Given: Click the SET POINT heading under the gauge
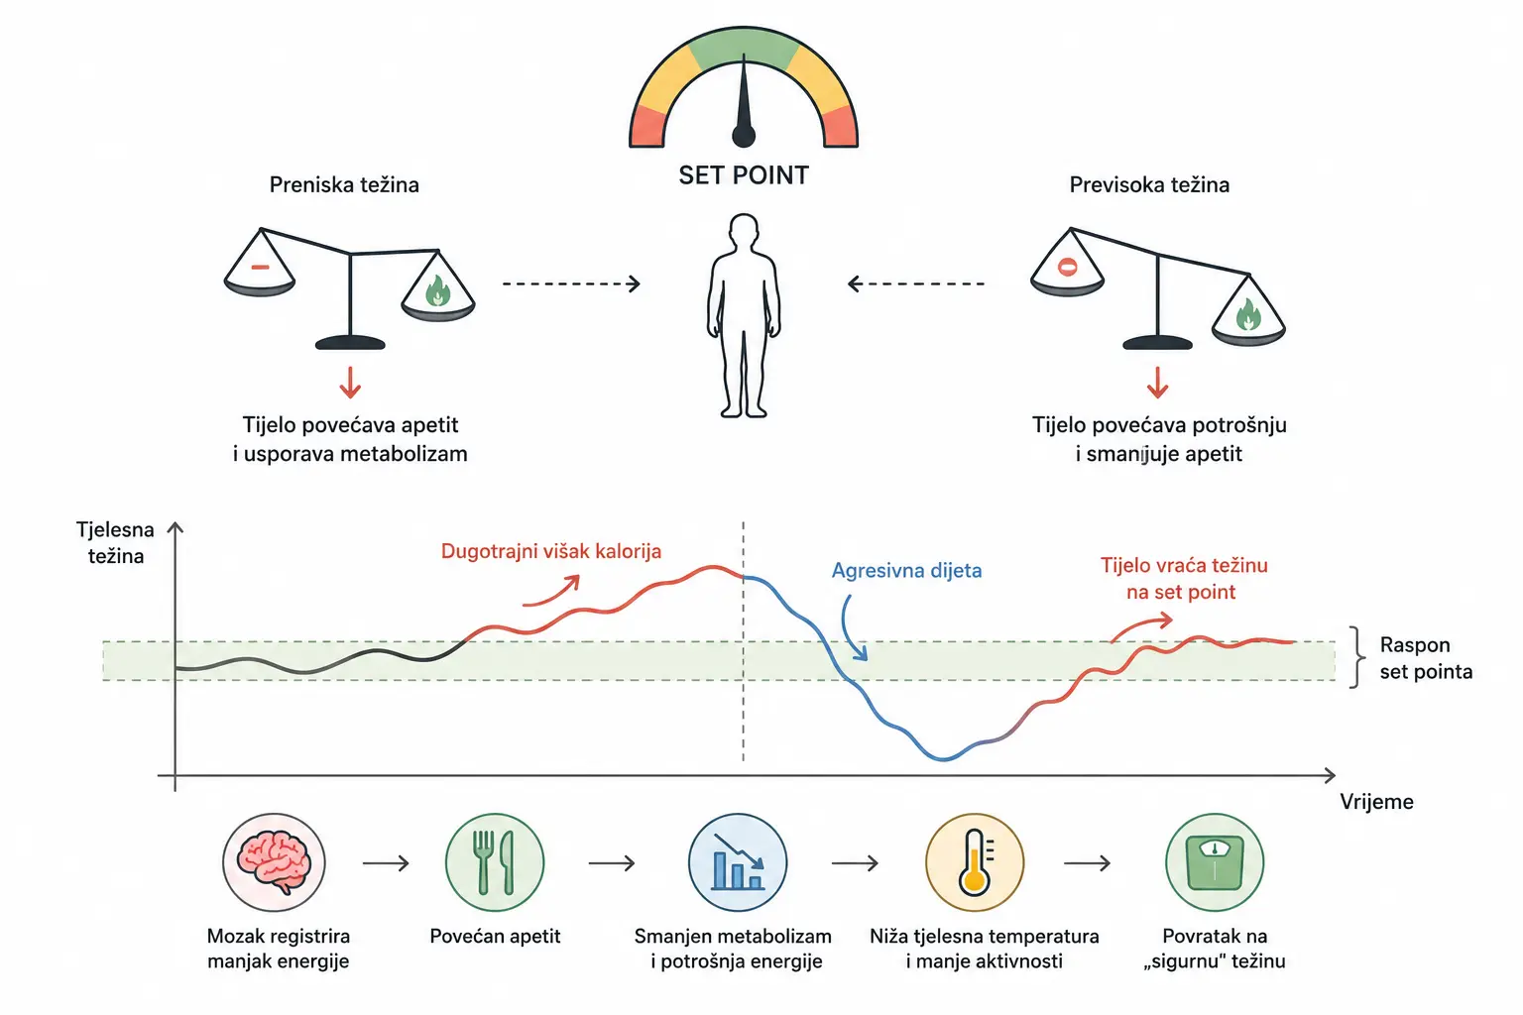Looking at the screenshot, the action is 743,175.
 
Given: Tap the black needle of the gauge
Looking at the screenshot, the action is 744,102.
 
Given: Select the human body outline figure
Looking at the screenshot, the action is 743,315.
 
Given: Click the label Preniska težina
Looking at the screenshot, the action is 344,185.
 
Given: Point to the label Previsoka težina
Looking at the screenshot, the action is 1149,185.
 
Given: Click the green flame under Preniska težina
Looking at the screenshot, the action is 438,291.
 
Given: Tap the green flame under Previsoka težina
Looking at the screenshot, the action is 1248,315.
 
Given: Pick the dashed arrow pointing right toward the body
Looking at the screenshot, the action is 571,283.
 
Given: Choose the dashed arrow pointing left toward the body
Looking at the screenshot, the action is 916,283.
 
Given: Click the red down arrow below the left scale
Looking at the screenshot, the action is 350,382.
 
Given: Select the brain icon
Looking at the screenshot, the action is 274,862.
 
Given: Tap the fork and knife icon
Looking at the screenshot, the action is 495,862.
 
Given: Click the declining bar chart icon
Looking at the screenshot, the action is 738,862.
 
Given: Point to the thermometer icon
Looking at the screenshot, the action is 975,862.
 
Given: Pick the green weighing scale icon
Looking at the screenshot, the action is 1215,862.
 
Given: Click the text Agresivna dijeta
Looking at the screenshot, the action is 907,570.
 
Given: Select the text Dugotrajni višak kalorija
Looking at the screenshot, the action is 551,551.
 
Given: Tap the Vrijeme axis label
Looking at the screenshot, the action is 1377,802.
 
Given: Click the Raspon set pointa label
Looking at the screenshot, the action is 1426,658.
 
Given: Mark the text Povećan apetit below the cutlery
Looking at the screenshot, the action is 495,936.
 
